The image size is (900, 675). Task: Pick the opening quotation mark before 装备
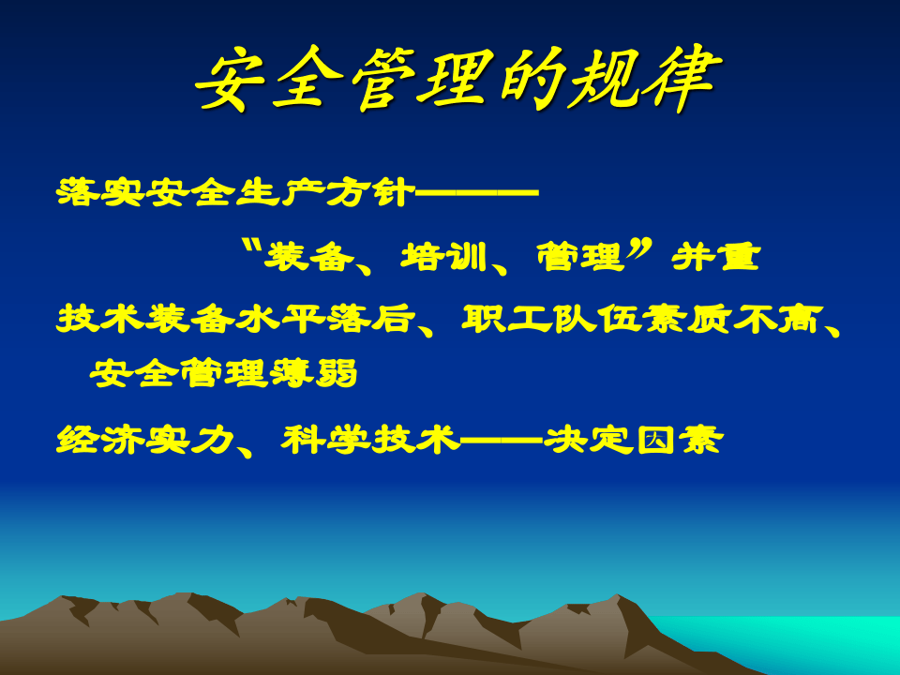tap(248, 246)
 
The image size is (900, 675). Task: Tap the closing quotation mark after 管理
tap(639, 247)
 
